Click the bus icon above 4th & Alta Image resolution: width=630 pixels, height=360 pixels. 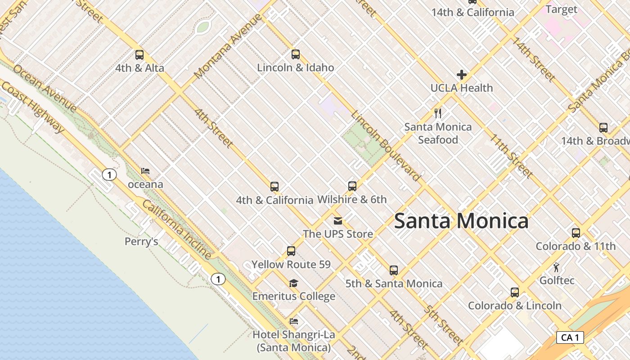click(139, 55)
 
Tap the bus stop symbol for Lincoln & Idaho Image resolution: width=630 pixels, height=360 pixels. click(295, 54)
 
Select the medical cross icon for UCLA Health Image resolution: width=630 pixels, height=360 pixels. click(462, 75)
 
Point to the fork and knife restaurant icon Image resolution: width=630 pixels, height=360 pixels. click(438, 113)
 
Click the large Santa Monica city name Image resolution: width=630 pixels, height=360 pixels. click(461, 221)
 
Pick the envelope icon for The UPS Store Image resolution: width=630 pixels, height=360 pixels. click(337, 221)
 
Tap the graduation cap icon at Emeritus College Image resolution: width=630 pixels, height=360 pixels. click(293, 283)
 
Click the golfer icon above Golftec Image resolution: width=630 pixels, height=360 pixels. click(557, 267)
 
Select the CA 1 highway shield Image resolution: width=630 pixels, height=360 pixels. click(570, 337)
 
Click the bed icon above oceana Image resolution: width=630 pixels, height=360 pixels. click(145, 171)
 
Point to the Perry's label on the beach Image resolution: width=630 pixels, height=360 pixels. click(141, 242)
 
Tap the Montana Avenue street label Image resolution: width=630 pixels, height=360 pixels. click(228, 46)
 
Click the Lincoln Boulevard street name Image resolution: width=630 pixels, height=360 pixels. click(386, 145)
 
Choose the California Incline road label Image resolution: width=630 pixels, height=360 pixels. click(177, 229)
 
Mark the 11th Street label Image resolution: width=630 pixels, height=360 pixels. click(512, 156)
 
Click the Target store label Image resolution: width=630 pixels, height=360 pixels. click(561, 9)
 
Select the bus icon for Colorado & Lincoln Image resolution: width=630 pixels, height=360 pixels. click(515, 292)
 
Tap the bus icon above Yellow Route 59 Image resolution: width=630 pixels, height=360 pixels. click(291, 251)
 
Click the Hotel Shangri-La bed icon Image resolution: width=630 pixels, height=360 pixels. click(294, 321)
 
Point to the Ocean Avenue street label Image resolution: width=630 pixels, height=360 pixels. click(45, 88)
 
